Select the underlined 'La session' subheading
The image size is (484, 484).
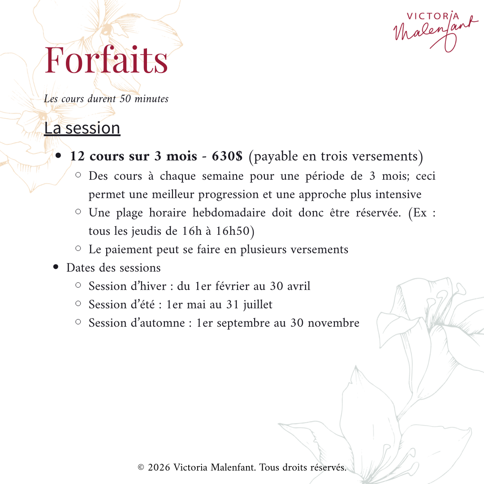[x=82, y=128]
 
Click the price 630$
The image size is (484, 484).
[x=227, y=156]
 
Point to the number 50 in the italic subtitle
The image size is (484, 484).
[x=125, y=99]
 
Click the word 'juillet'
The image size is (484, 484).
[x=258, y=305]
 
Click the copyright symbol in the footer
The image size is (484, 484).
[x=141, y=467]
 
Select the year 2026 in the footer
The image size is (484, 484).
[x=159, y=467]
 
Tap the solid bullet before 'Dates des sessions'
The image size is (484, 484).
[x=56, y=268]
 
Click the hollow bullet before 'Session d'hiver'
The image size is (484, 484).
[x=78, y=285]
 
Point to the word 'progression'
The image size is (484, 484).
[x=229, y=195]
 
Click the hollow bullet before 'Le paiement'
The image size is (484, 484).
[x=78, y=248]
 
